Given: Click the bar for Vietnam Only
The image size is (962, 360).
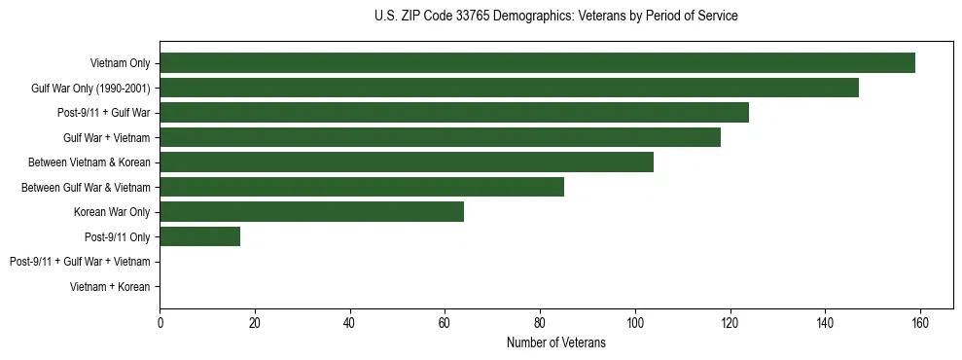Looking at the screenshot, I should [x=537, y=63].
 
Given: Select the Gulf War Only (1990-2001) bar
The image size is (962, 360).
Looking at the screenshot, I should [x=509, y=88].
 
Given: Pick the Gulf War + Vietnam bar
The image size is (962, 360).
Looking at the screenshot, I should [x=440, y=137].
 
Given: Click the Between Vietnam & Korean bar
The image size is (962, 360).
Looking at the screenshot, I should [x=407, y=162].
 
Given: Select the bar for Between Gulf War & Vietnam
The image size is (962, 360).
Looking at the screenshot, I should [x=362, y=187].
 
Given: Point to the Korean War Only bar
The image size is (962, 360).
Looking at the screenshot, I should [x=311, y=212].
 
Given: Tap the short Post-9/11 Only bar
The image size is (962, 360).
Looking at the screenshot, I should [x=199, y=236].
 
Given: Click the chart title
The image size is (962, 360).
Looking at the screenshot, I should [x=555, y=17].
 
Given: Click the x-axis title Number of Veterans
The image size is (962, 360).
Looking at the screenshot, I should [x=555, y=342].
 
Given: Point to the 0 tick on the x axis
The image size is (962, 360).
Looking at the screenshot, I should [x=160, y=322].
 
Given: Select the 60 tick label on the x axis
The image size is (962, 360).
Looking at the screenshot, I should [x=445, y=322].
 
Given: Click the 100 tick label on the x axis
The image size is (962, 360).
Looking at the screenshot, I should [x=634, y=322].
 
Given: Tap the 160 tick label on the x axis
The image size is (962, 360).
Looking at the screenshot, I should [x=919, y=322].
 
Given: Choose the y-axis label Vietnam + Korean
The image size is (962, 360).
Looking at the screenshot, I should [x=110, y=287].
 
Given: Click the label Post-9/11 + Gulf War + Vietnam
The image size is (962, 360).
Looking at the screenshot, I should [x=80, y=262].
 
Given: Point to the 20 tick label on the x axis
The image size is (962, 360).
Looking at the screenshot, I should [x=255, y=322].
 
